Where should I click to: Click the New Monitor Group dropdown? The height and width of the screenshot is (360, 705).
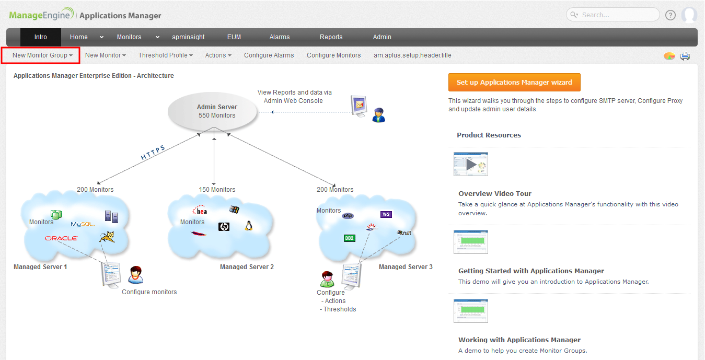(42, 55)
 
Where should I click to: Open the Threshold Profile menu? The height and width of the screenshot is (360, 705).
(165, 55)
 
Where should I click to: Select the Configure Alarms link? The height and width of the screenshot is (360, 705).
(269, 55)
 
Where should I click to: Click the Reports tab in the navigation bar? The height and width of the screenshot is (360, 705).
(331, 37)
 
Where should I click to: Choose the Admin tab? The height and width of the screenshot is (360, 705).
(382, 37)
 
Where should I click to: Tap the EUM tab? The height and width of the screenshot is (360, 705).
(234, 37)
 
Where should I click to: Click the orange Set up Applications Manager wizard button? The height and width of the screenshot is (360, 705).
(514, 83)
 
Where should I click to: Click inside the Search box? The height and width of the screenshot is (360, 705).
(617, 15)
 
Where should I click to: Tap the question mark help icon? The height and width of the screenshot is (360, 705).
(671, 15)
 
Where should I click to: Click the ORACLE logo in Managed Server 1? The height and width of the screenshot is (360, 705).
(61, 238)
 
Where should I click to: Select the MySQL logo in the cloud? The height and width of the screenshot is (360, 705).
(83, 224)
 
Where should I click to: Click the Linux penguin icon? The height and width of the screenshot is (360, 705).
(249, 226)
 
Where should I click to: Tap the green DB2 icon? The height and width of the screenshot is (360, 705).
(349, 238)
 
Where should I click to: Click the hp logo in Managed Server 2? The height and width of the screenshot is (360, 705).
(224, 226)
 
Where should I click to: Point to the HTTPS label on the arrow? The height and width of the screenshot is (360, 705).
(153, 153)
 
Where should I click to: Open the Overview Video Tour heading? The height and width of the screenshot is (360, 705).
(495, 193)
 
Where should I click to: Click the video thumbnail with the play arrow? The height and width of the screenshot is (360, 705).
(471, 164)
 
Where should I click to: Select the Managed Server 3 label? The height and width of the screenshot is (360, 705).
(406, 267)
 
